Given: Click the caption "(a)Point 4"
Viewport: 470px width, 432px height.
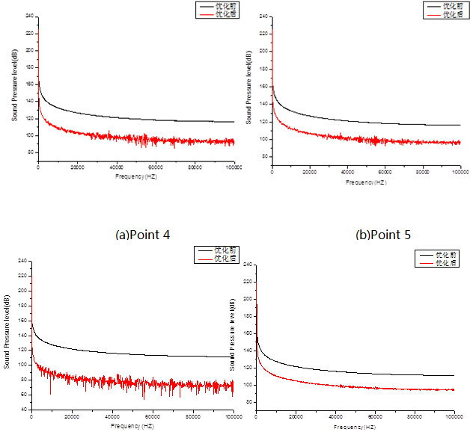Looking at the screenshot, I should coord(143,234).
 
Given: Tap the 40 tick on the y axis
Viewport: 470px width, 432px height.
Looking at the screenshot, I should coord(25,410).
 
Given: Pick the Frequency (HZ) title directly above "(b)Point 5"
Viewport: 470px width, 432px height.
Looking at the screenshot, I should coord(366,182).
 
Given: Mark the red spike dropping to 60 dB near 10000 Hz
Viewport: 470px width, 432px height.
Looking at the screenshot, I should coord(51,392).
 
